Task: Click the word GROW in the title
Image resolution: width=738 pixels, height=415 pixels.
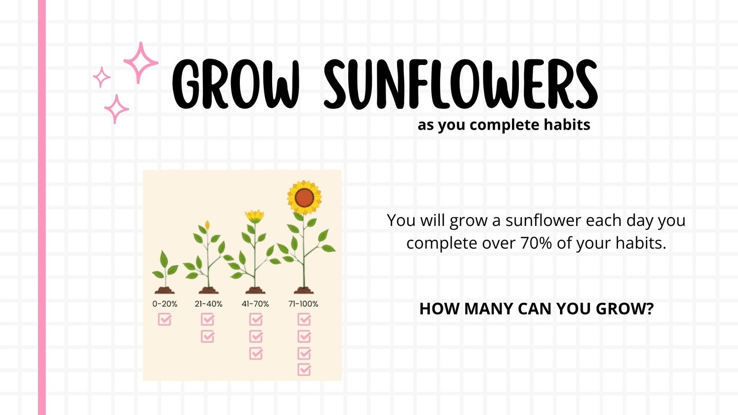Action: (236, 84)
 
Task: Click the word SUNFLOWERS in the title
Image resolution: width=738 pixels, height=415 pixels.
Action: (461, 84)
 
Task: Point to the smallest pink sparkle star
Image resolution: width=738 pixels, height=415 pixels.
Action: (101, 77)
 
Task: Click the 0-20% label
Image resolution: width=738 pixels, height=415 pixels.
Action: (165, 304)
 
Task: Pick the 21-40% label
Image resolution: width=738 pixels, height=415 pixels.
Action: (208, 304)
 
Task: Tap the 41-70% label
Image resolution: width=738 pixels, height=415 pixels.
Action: (256, 304)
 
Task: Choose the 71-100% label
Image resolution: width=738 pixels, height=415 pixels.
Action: (303, 304)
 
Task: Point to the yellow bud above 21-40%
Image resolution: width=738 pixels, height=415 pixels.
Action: (207, 225)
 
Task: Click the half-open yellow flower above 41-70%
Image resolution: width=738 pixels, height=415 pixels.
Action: (255, 216)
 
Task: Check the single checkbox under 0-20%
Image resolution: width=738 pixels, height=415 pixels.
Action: (165, 319)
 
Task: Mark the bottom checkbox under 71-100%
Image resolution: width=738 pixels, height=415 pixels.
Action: (304, 369)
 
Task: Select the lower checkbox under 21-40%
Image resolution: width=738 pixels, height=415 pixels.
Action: (208, 336)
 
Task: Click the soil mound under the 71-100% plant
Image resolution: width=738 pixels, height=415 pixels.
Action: (304, 290)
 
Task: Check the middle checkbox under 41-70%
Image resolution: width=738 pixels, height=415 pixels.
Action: (256, 336)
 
